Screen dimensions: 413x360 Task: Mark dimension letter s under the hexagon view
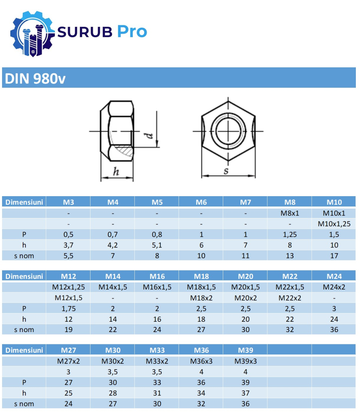point(226,171)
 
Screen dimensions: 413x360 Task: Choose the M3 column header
point(69,202)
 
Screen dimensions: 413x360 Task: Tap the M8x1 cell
point(290,213)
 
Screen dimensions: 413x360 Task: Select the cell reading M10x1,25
point(334,224)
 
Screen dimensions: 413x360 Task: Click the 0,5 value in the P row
point(69,235)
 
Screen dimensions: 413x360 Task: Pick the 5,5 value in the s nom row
point(69,256)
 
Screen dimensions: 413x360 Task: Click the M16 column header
point(157,276)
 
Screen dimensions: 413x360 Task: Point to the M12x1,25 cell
point(69,287)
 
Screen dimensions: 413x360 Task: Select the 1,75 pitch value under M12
point(69,309)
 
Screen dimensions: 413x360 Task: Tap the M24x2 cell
point(334,287)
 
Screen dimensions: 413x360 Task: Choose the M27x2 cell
point(69,361)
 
